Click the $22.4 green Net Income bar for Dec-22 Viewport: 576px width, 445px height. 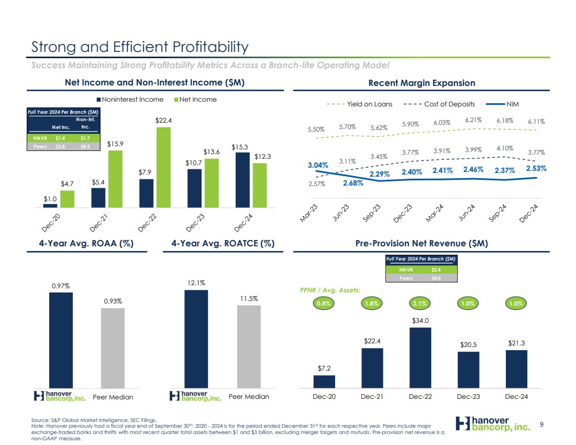[163, 168]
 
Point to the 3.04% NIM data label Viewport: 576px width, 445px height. [318, 165]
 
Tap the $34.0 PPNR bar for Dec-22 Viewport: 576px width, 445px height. [420, 357]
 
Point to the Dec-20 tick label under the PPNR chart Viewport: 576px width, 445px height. [324, 396]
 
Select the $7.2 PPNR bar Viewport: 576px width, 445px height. [324, 381]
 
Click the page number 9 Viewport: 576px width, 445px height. [542, 427]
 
